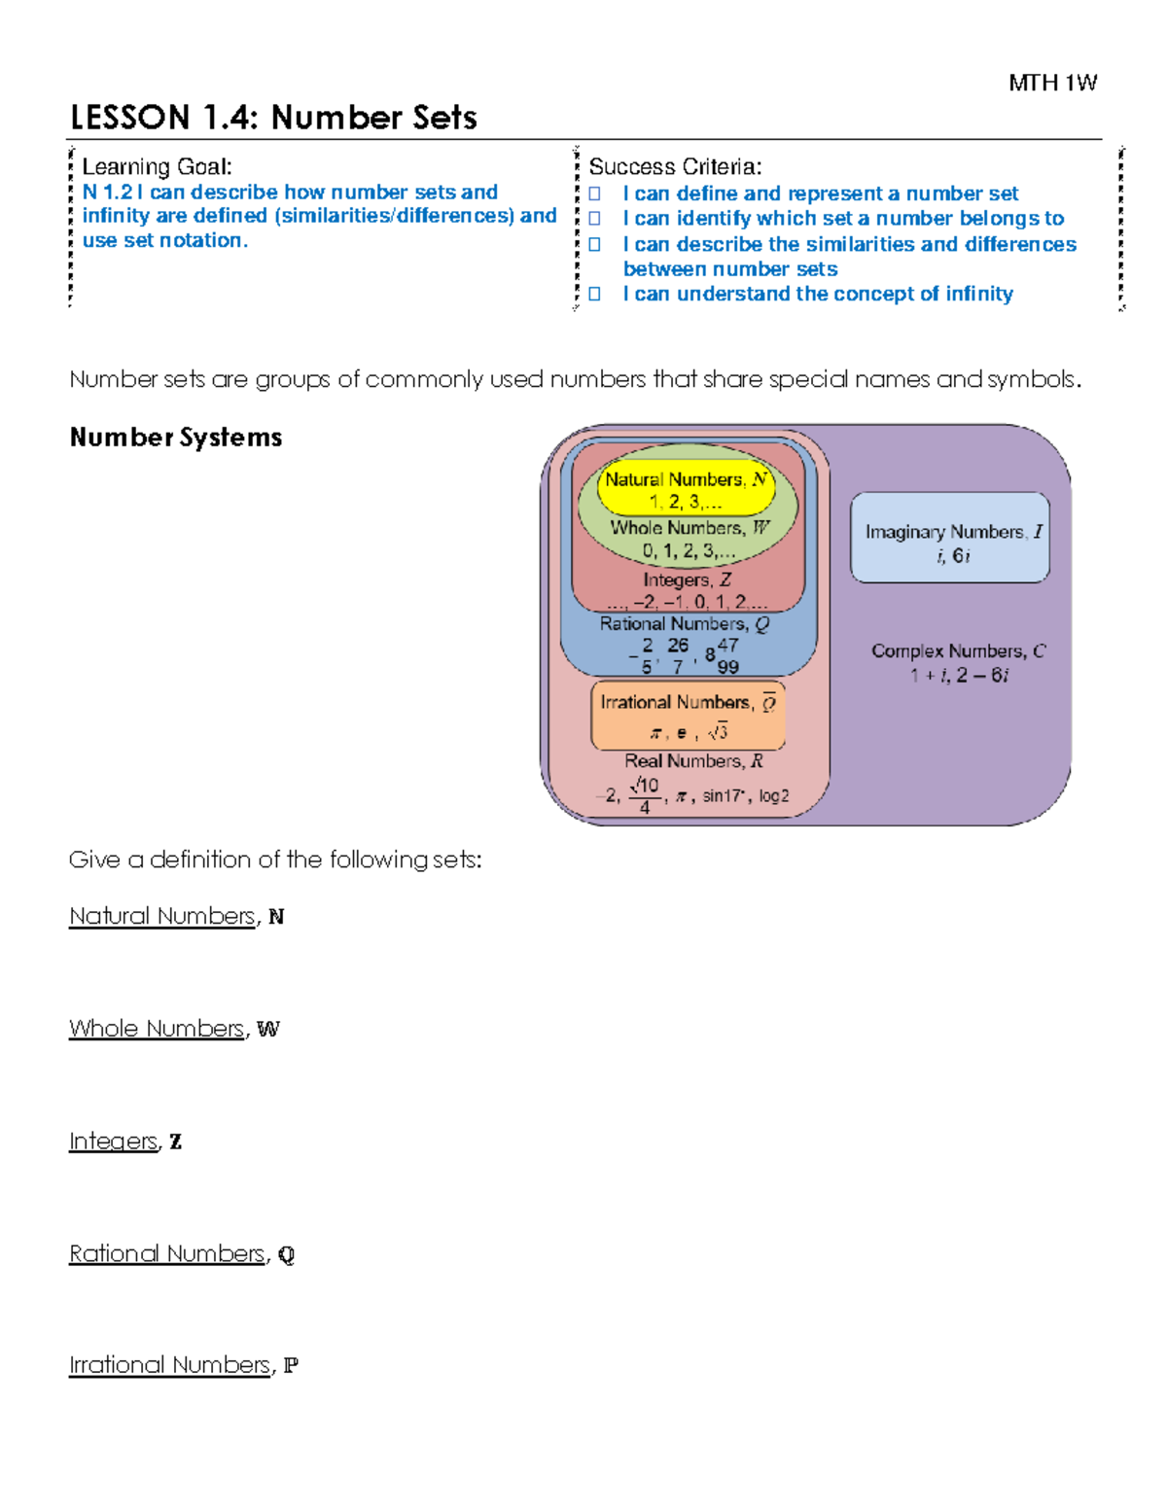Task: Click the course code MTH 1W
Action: point(1052,84)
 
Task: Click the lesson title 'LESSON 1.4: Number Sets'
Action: point(273,118)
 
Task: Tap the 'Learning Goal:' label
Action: point(157,167)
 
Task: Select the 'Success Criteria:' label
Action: point(675,167)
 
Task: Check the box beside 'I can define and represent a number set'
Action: point(595,193)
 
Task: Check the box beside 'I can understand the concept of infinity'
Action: point(595,294)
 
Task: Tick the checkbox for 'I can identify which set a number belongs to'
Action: point(595,219)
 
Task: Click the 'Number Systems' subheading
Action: point(176,438)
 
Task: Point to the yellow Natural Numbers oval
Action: point(686,490)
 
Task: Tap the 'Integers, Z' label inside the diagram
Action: point(687,580)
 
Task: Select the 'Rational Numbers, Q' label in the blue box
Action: point(684,624)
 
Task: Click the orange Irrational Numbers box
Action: point(688,716)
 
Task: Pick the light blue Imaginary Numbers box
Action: point(950,538)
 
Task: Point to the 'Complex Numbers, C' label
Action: point(958,651)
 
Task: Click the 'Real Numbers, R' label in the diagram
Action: point(693,761)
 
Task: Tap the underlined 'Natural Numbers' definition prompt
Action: point(161,916)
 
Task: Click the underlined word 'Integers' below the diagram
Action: point(113,1141)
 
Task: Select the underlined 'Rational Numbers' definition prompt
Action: point(166,1253)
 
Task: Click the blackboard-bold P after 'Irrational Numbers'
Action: point(290,1365)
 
